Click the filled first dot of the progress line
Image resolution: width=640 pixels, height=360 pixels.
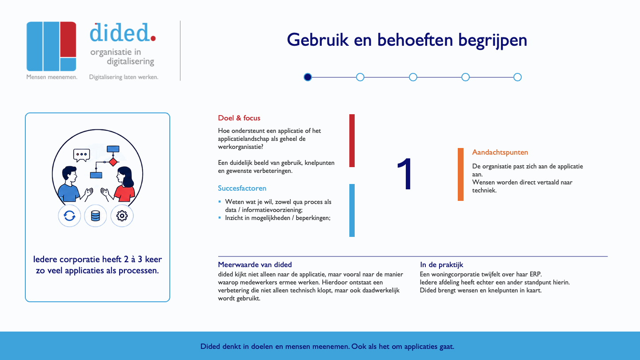pyautogui.click(x=308, y=77)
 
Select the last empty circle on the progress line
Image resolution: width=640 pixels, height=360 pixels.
pyautogui.click(x=517, y=77)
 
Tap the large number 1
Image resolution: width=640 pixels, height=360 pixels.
pyautogui.click(x=405, y=173)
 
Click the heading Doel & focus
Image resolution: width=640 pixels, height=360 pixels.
pyautogui.click(x=239, y=118)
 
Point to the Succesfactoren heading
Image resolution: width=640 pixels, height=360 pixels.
pyautogui.click(x=242, y=188)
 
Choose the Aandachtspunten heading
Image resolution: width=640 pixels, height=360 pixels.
pyautogui.click(x=500, y=152)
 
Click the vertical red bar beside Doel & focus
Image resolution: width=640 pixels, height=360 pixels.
pyautogui.click(x=352, y=140)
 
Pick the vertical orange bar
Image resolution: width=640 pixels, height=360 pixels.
pyautogui.click(x=460, y=174)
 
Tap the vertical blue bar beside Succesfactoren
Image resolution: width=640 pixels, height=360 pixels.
pyautogui.click(x=352, y=210)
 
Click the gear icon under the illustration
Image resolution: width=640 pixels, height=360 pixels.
pyautogui.click(x=122, y=216)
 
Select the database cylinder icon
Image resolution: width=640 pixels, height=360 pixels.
pyautogui.click(x=96, y=216)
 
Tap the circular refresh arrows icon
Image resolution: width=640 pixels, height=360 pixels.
pyautogui.click(x=69, y=216)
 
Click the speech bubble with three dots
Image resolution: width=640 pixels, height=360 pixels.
pyautogui.click(x=82, y=155)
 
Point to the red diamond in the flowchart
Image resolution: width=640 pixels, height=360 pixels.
pyautogui.click(x=113, y=162)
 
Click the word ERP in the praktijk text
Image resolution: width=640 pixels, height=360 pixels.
pyautogui.click(x=535, y=274)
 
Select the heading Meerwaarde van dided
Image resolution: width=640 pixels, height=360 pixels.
pyautogui.click(x=255, y=264)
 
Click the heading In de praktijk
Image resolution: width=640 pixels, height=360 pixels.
pyautogui.click(x=441, y=265)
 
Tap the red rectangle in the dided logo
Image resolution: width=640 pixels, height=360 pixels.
pyautogui.click(x=68, y=39)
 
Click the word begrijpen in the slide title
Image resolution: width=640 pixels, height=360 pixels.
pyautogui.click(x=492, y=40)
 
